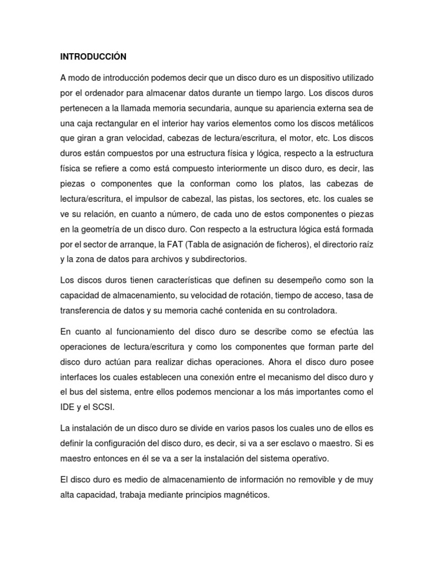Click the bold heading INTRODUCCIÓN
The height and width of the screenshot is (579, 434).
click(x=93, y=57)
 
